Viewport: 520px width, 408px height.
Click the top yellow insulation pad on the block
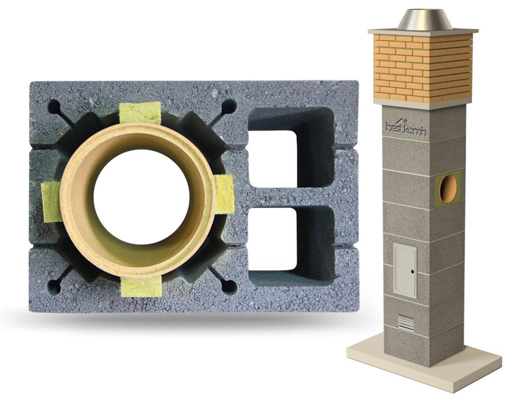tap(140, 113)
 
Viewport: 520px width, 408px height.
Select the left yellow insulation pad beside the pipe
tap(51, 202)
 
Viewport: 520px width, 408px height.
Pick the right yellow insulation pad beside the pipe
tap(224, 194)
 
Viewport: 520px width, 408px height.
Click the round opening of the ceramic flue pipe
tap(142, 197)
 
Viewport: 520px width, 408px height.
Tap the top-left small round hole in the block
tap(54, 106)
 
